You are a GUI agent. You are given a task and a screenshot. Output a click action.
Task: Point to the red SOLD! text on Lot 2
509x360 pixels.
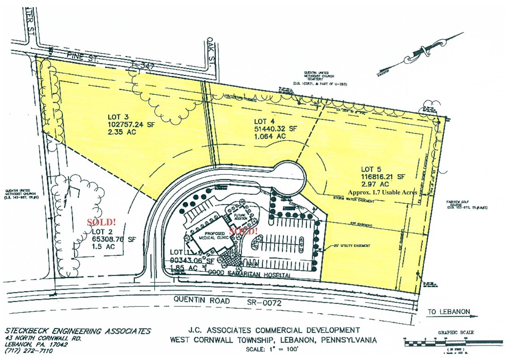101,222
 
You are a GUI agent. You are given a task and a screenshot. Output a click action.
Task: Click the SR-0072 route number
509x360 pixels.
262,303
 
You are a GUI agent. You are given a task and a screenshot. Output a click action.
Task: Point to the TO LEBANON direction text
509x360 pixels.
449,312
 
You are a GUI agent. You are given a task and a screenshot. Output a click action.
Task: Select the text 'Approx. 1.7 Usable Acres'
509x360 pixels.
382,192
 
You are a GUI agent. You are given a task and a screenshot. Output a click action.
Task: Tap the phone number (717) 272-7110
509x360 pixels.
29,351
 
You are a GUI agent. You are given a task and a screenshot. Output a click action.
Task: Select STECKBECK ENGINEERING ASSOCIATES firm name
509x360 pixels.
78,331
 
